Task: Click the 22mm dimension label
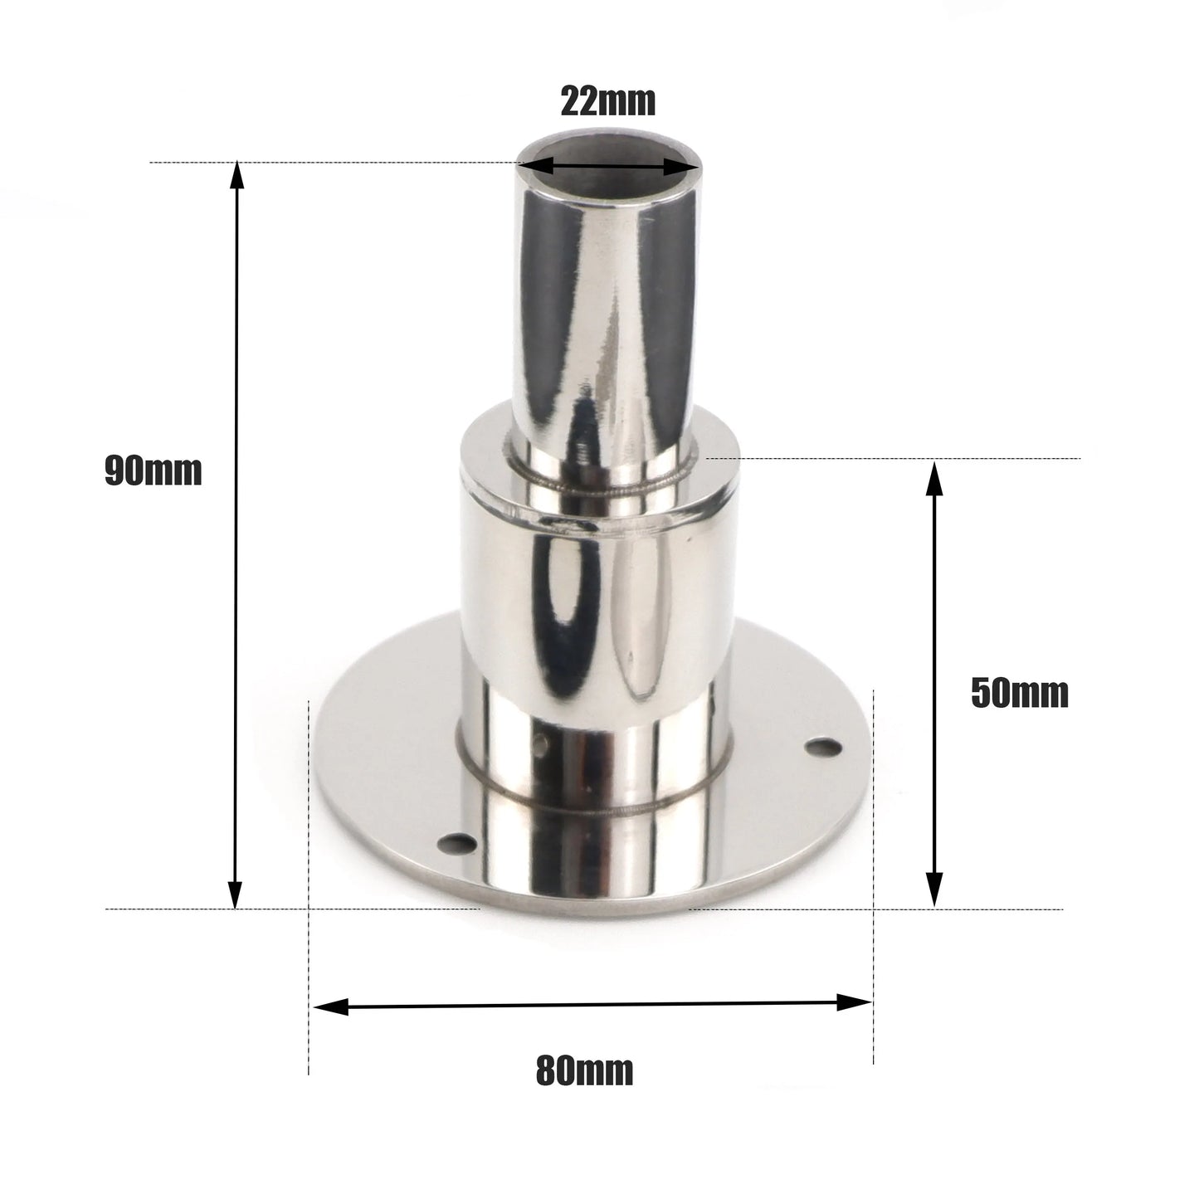click(608, 102)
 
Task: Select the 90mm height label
click(154, 471)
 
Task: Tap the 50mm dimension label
click(1019, 693)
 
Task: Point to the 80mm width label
click(584, 1070)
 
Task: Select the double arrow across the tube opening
click(608, 167)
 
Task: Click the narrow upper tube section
click(607, 315)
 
